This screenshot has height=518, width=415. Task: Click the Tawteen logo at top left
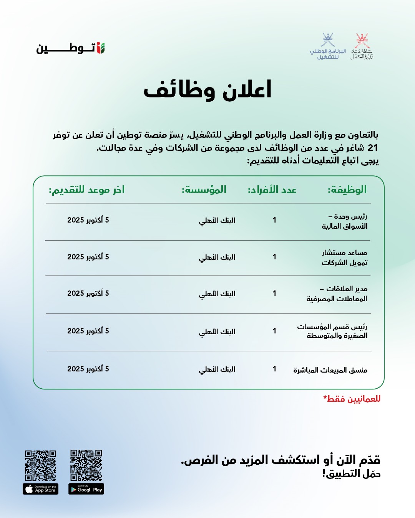tap(71, 48)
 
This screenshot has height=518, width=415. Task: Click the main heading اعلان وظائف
tap(207, 90)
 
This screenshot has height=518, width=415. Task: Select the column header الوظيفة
tap(347, 190)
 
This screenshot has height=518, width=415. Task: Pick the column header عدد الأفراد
tap(272, 190)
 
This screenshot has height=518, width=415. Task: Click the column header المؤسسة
tap(204, 190)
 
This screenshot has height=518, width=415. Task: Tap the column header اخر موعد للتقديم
tap(86, 190)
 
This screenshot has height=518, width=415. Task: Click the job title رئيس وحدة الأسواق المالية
tap(345, 221)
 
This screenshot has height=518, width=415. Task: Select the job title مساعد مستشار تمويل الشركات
tap(345, 257)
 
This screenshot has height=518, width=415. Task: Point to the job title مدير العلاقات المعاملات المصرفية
tap(337, 294)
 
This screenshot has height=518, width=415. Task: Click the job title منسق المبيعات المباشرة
tap(330, 370)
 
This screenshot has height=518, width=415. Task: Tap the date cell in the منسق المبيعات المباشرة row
tap(88, 369)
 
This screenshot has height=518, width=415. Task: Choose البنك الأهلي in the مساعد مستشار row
tap(217, 257)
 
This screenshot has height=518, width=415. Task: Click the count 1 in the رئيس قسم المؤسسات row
tap(274, 331)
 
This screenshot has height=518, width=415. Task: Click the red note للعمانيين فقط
tap(352, 399)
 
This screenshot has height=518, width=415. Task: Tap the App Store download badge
tap(41, 489)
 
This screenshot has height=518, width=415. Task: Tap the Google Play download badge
tap(86, 489)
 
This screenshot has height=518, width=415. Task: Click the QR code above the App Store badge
tap(41, 465)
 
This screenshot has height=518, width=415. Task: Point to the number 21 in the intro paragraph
tap(373, 148)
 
